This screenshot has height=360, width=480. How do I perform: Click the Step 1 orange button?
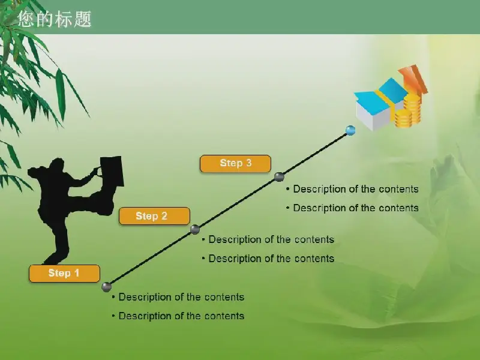click(x=64, y=273)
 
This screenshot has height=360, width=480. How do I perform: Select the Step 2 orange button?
click(x=154, y=216)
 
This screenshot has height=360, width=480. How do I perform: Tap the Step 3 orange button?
click(x=235, y=163)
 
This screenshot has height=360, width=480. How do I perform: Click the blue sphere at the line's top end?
click(x=350, y=130)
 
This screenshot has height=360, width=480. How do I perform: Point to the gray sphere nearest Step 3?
click(x=279, y=176)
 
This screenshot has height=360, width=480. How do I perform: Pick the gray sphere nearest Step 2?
click(x=194, y=229)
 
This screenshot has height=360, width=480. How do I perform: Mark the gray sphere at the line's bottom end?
click(x=106, y=287)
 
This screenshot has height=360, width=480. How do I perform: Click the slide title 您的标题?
click(x=55, y=19)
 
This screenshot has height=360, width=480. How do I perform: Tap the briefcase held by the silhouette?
click(x=112, y=171)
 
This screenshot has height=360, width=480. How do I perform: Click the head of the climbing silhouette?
click(x=57, y=166)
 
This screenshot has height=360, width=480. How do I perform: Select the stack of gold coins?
click(x=408, y=111)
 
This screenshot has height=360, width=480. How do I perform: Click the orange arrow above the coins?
click(x=413, y=80)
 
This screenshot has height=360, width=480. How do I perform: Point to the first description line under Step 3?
click(x=352, y=189)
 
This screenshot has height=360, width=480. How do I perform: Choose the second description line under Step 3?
click(x=352, y=208)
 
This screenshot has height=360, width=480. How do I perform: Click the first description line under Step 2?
click(x=268, y=239)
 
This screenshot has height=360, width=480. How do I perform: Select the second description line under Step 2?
click(x=268, y=259)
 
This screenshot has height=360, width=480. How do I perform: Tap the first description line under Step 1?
click(x=178, y=297)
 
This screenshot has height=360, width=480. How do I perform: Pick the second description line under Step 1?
click(x=178, y=316)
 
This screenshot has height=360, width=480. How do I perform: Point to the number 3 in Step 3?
click(x=249, y=163)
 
